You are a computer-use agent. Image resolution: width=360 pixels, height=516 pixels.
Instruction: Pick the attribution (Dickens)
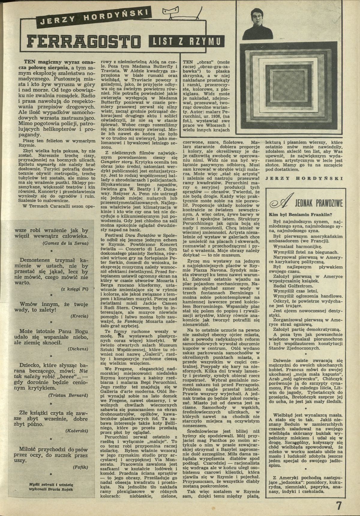click(x=78, y=349)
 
